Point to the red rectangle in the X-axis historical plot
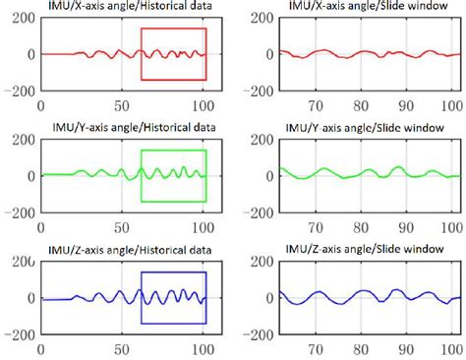(x=173, y=30)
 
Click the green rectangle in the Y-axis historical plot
(x=173, y=150)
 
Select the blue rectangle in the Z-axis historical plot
(x=173, y=272)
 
